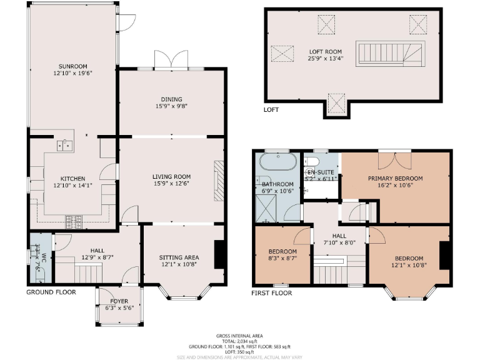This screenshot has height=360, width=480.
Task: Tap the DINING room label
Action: click(x=171, y=99)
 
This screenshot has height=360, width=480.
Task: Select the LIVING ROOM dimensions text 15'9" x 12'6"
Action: click(x=171, y=184)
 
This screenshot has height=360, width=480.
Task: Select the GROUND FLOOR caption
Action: click(x=51, y=292)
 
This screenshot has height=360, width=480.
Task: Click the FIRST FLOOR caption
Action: click(x=271, y=292)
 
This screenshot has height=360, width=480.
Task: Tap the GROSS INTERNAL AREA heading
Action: click(x=239, y=334)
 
